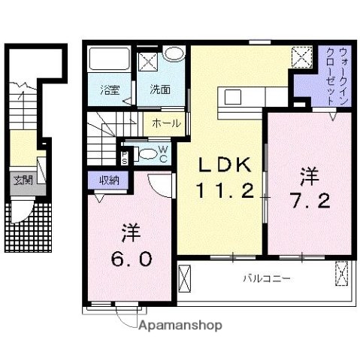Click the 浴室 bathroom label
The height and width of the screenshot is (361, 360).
coord(110,90)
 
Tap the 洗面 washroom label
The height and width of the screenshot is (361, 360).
coord(159,89)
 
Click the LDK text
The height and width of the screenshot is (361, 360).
coord(221,165)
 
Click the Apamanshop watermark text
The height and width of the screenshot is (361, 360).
coord(178,326)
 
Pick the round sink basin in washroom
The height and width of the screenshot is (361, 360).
coord(174,54)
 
